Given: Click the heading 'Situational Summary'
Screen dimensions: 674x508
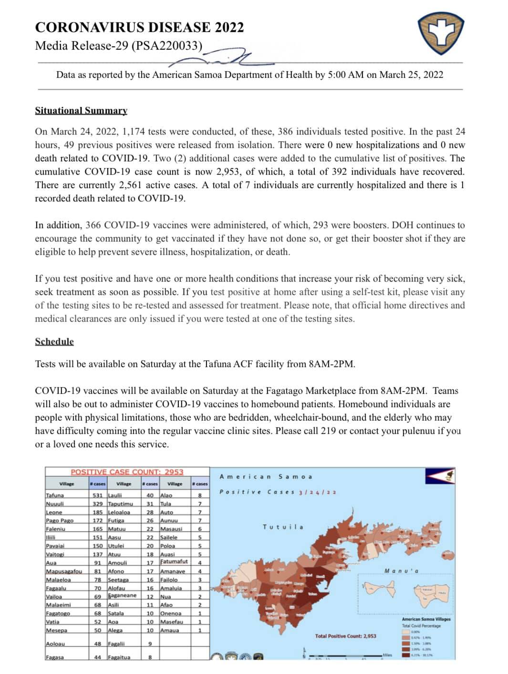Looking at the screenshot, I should [x=81, y=110].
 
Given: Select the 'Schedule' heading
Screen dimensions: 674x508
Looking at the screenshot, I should [x=54, y=341].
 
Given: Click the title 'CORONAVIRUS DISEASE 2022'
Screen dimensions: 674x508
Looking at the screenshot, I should [x=139, y=27].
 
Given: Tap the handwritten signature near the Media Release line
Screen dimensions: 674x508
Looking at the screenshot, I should [x=224, y=57].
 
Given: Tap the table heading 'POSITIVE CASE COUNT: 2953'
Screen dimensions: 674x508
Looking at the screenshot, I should [x=127, y=472].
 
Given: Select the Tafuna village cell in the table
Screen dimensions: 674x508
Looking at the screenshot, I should [x=54, y=495].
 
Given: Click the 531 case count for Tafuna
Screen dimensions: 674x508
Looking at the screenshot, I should [x=98, y=495].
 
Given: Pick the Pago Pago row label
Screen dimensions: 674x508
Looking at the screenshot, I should [x=60, y=520].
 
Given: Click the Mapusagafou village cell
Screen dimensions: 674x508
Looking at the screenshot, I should [x=64, y=571].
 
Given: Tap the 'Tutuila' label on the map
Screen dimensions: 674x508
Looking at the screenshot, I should [x=282, y=527].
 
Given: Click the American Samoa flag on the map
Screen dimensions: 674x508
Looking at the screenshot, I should [x=440, y=475].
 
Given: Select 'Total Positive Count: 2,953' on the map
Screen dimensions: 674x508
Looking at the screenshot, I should [x=345, y=636].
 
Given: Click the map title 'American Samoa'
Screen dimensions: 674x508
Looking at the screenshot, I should [x=266, y=477].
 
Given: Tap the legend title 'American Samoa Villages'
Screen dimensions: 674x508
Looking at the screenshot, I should [x=426, y=619].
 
